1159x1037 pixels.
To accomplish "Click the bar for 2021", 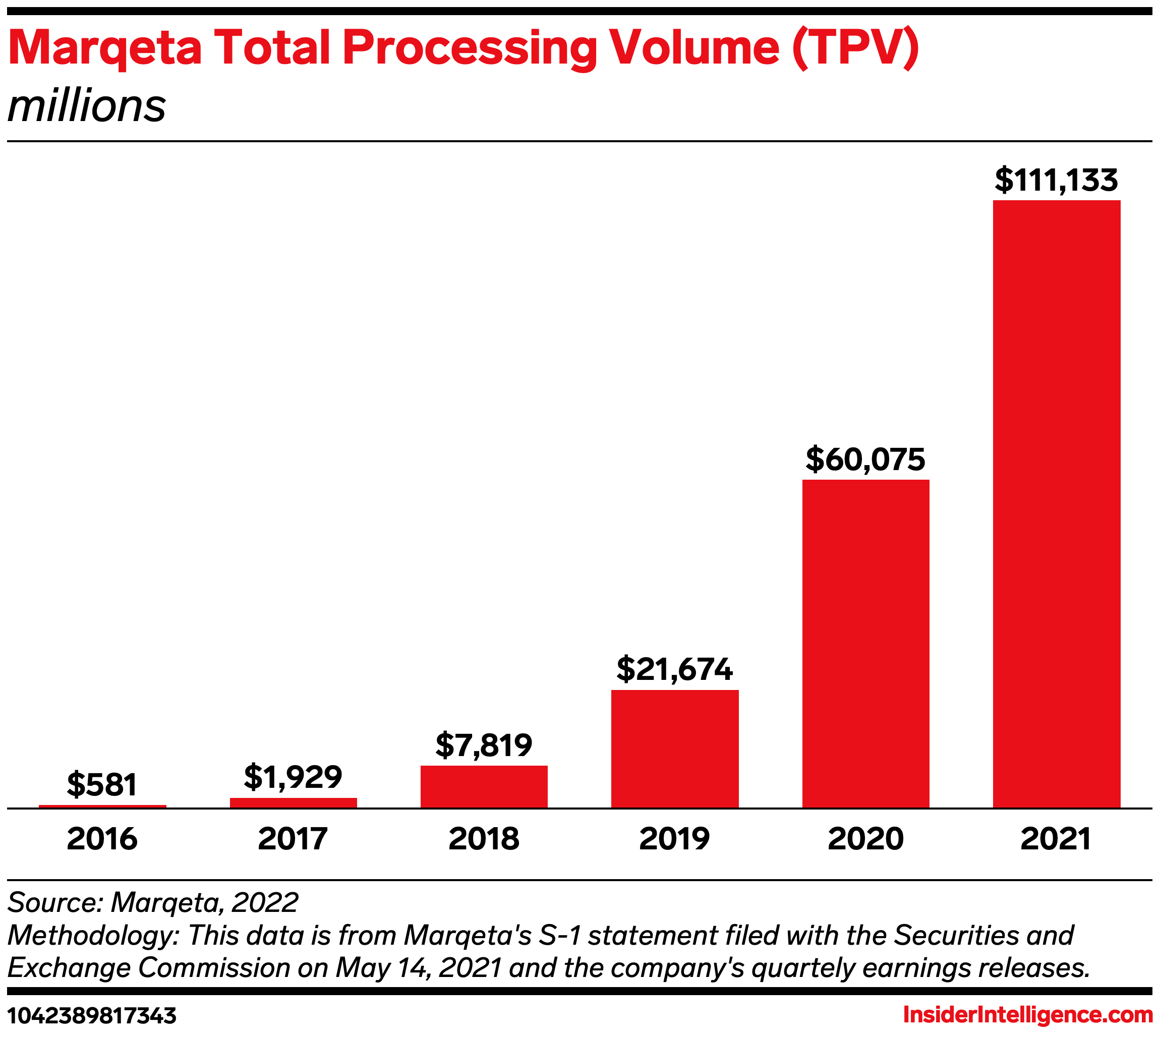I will [x=1057, y=504].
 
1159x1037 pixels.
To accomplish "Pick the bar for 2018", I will [x=484, y=786].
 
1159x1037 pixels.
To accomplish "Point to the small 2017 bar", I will [x=294, y=803].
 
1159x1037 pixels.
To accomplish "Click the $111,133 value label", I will [x=1057, y=180].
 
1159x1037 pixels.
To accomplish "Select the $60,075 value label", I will [x=865, y=459].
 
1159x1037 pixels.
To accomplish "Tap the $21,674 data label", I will [x=675, y=669].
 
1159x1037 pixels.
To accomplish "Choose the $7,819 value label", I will [x=484, y=745].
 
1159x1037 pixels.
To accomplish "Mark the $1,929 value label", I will [x=294, y=777].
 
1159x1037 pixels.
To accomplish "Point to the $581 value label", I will [x=102, y=785].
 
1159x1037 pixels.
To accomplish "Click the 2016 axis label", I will [x=102, y=839].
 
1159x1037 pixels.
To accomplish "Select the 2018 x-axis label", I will [x=484, y=839].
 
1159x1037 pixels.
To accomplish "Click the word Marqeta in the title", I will [x=105, y=48].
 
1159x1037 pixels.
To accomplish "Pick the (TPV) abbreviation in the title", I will [x=855, y=47].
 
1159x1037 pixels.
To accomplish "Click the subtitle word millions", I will [x=87, y=106].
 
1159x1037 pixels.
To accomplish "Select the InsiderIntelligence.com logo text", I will [x=1027, y=1015].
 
